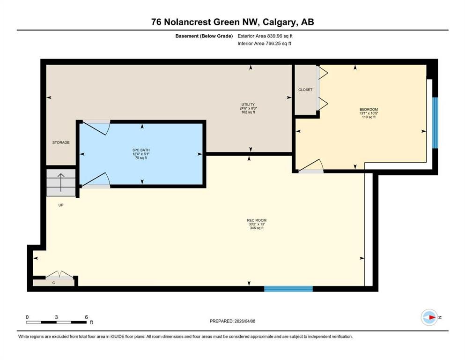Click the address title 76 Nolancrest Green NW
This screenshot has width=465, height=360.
232,22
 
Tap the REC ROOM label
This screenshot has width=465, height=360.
257,220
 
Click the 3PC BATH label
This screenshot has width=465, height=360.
141,150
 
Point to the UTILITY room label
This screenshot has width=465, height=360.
248,105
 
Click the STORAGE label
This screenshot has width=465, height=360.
61,142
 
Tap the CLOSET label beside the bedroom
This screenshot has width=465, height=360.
305,90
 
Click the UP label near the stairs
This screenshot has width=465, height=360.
61,205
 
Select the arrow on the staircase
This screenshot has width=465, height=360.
60,180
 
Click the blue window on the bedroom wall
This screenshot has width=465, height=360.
435,122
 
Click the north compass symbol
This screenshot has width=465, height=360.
429,317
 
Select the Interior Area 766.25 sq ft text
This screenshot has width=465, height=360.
265,44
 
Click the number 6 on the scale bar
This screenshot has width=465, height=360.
87,317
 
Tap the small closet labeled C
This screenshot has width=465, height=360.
53,282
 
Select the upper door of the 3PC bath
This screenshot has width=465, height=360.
96,127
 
